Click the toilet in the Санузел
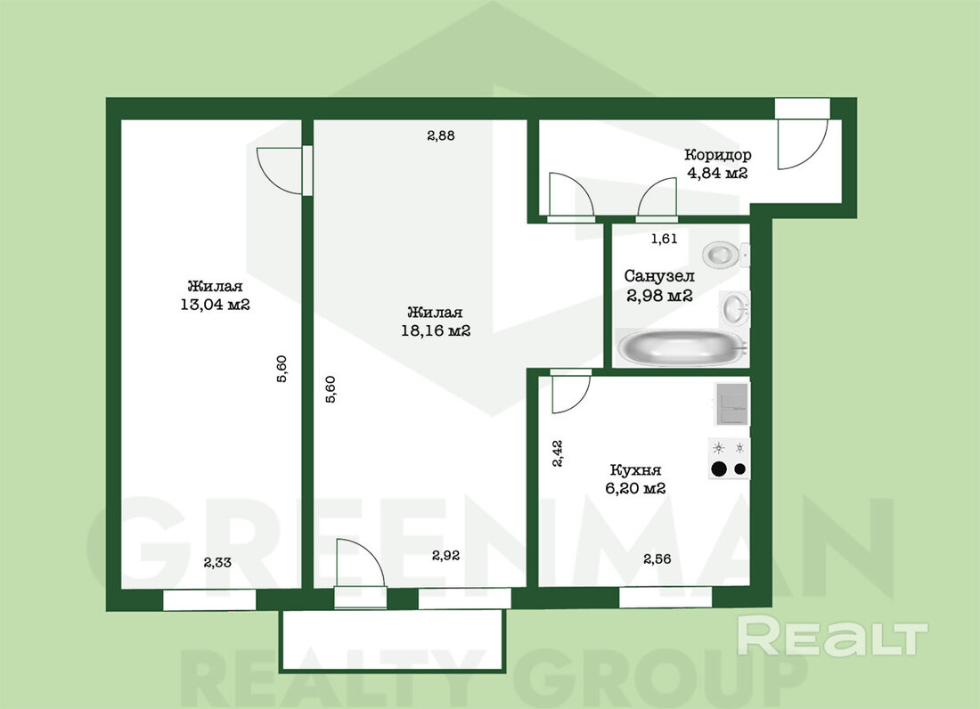725,254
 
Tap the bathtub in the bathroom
682,348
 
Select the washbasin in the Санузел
734,308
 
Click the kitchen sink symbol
731,404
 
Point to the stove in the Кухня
729,459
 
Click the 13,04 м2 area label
215,305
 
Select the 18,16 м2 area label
436,331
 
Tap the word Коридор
717,154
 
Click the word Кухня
635,469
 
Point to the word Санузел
659,275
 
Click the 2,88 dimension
441,134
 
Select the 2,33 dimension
217,562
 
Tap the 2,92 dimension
445,555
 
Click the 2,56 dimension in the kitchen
657,558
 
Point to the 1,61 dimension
664,239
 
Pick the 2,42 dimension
558,453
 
